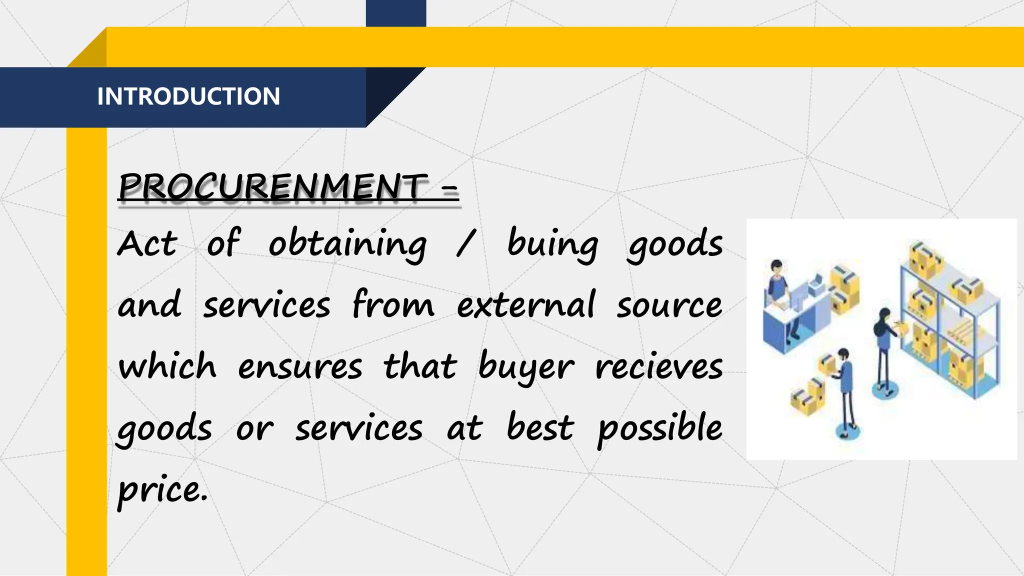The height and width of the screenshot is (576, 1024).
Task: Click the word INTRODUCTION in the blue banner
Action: pyautogui.click(x=188, y=96)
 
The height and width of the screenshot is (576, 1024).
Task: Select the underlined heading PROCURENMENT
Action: pyautogui.click(x=273, y=186)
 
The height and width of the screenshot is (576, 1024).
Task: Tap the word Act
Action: pyautogui.click(x=147, y=244)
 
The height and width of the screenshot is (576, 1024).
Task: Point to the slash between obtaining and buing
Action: pyautogui.click(x=465, y=244)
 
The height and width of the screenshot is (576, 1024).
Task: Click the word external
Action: pyautogui.click(x=526, y=305)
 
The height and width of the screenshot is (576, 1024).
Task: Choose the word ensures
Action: pyautogui.click(x=300, y=367)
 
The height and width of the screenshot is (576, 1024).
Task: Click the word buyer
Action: pyautogui.click(x=526, y=367)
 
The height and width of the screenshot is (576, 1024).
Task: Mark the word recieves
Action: pyautogui.click(x=659, y=367)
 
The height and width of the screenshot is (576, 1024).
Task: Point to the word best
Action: pyautogui.click(x=540, y=428)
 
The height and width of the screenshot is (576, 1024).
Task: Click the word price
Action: pyautogui.click(x=161, y=490)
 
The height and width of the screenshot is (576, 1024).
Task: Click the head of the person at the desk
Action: pyautogui.click(x=776, y=266)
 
